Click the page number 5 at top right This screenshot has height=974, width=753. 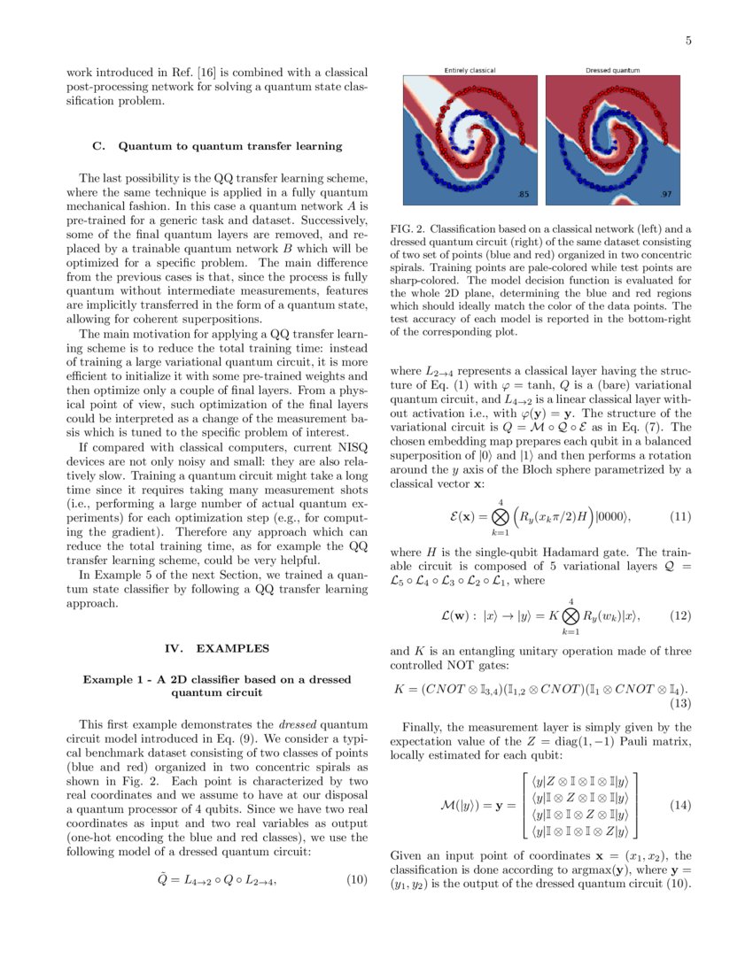tap(688, 40)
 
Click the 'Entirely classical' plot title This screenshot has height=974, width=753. tap(470, 70)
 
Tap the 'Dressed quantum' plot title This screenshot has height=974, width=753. tap(613, 70)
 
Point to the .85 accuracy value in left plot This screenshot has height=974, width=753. tap(524, 193)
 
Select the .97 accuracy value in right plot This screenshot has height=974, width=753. tap(666, 193)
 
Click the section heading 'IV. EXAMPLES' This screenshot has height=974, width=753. tap(217, 648)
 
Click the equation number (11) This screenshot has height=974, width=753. tap(679, 515)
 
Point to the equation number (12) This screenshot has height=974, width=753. tap(679, 615)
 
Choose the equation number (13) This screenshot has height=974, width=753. tap(679, 704)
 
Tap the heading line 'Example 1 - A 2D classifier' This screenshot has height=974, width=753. tap(217, 679)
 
